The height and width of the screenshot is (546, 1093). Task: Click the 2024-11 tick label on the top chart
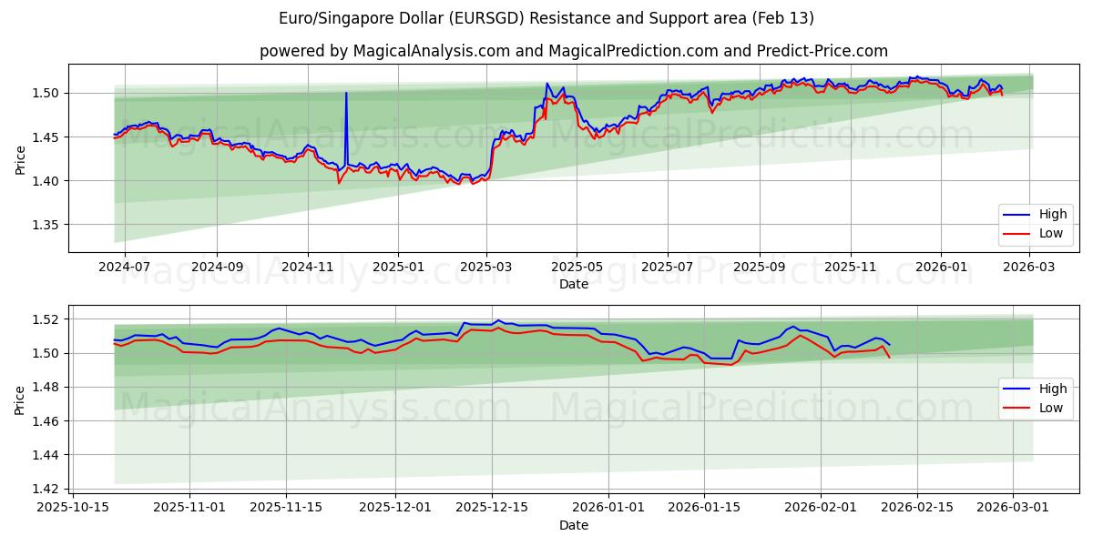point(307,268)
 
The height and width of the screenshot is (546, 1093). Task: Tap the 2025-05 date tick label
point(577,268)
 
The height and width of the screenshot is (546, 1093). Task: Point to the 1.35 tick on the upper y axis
point(48,226)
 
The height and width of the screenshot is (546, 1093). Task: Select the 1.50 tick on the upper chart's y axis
point(48,93)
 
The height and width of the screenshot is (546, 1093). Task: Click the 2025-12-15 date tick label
point(492,509)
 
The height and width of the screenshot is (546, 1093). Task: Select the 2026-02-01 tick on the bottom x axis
point(821,509)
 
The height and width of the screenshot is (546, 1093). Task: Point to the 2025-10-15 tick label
point(73,509)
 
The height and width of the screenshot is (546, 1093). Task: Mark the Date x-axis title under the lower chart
point(573,525)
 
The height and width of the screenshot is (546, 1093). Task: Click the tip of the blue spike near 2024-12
point(346,93)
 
